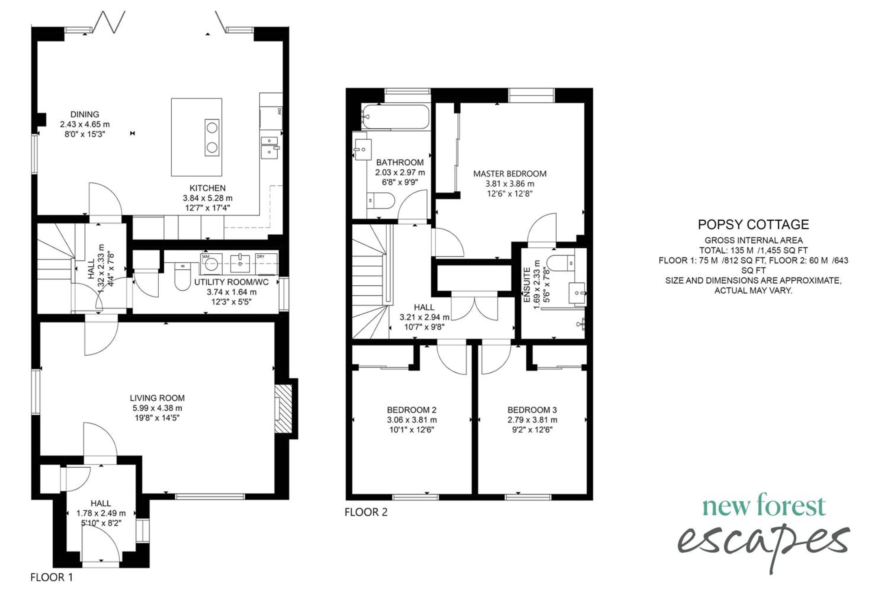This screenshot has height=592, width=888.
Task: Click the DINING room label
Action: click(85, 114)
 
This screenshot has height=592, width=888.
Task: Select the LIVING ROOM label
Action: click(157, 398)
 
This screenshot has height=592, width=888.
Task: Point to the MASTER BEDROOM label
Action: click(510, 174)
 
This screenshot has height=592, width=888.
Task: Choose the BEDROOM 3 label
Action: click(532, 410)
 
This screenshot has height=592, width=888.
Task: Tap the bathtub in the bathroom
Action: click(395, 117)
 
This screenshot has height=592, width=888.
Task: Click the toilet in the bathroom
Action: click(381, 200)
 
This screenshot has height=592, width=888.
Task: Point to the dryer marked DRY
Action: click(266, 264)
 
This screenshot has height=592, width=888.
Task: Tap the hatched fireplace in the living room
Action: click(284, 409)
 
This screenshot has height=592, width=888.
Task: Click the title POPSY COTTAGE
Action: click(753, 225)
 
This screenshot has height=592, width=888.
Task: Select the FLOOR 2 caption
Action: click(366, 512)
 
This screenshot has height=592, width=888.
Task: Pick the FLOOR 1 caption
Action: click(52, 577)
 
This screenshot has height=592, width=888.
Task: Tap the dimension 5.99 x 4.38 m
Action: click(157, 408)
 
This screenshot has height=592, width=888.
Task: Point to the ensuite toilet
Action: click(561, 263)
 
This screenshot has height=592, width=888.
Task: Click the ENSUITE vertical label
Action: click(527, 285)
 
